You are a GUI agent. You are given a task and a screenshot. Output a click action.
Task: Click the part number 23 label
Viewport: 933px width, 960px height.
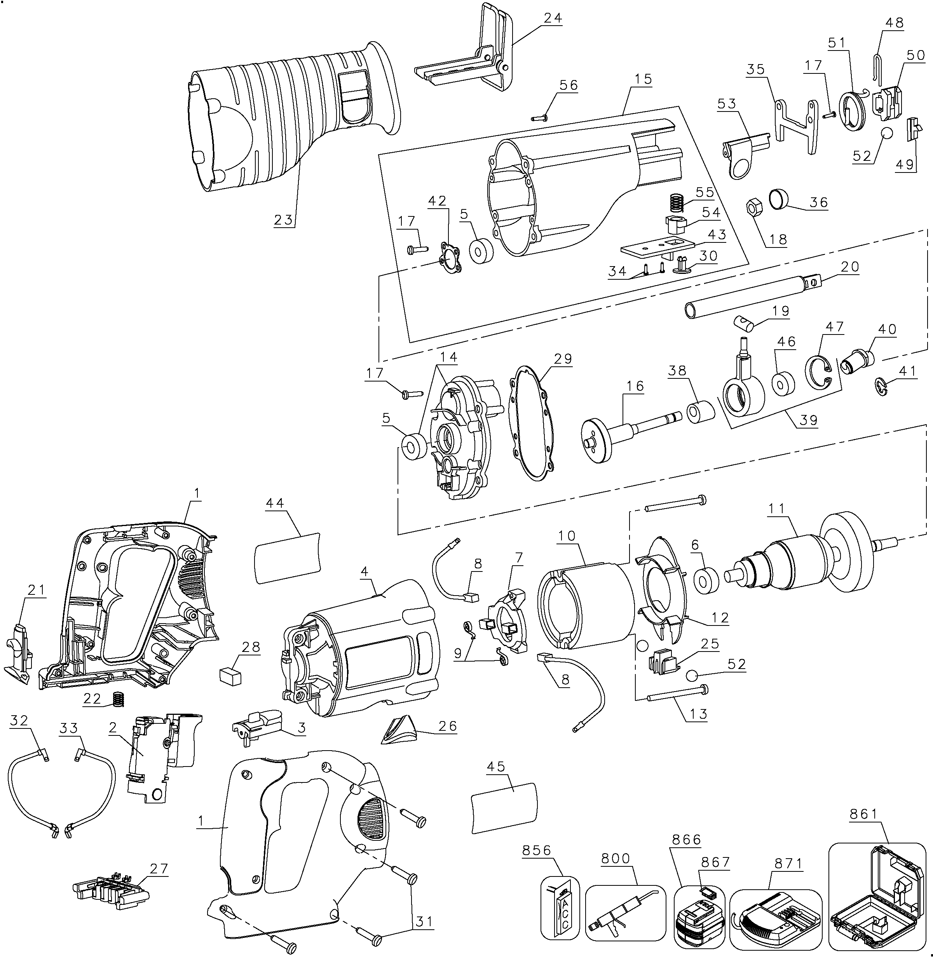(283, 220)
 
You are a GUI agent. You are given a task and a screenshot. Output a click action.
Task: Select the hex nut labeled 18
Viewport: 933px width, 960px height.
(753, 208)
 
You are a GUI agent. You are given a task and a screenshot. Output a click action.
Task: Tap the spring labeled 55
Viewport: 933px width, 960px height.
(677, 202)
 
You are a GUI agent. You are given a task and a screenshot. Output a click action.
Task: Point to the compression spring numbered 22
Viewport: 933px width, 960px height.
(118, 699)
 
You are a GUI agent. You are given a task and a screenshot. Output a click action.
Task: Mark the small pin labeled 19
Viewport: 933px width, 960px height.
(743, 323)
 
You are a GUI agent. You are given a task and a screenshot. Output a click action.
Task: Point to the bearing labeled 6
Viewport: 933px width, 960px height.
(706, 580)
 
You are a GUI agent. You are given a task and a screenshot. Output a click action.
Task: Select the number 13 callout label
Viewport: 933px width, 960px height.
(698, 714)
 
